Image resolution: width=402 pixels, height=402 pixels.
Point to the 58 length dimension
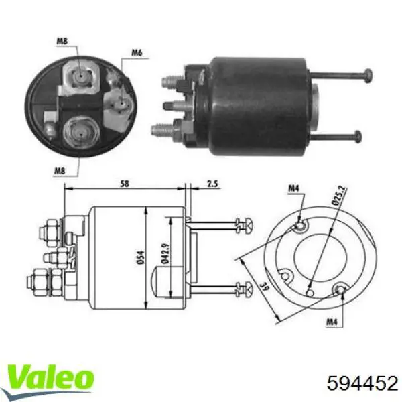(125, 182)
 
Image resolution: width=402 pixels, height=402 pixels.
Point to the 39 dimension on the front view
(248, 289)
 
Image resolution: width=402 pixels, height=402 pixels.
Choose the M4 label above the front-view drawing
(293, 189)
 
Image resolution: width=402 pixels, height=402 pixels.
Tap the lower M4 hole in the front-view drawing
(340, 289)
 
